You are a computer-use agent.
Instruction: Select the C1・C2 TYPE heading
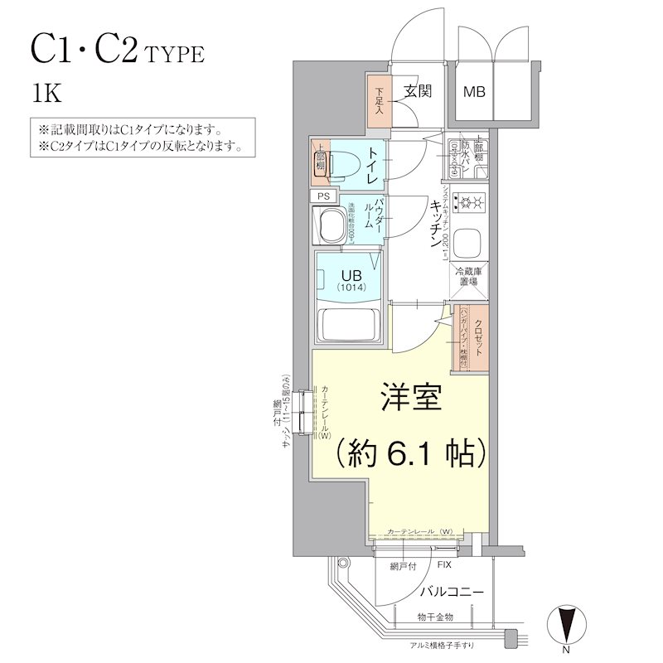point(116,51)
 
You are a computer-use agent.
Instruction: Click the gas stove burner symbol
point(469,201)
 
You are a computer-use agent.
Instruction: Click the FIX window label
point(444,565)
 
